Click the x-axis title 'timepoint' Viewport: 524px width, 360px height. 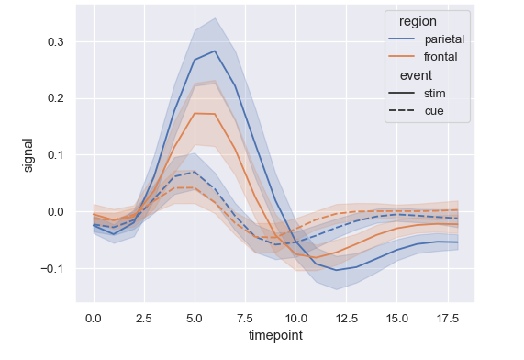tap(275, 336)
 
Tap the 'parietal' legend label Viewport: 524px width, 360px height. tap(444, 39)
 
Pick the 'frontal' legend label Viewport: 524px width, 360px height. tap(440, 57)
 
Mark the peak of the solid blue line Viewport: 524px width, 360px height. tap(215, 51)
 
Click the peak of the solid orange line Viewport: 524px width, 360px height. tap(195, 114)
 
